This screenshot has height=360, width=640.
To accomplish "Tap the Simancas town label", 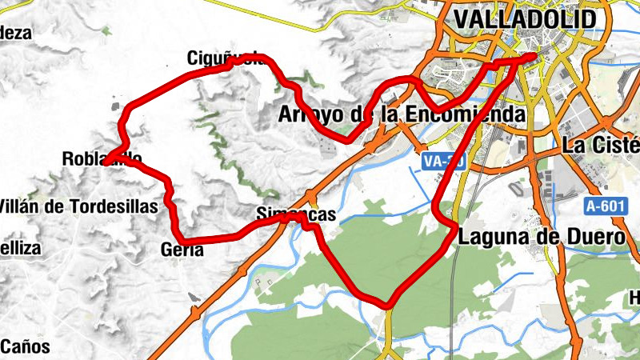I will click(x=295, y=214).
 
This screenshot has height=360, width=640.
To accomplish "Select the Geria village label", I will click(x=182, y=250).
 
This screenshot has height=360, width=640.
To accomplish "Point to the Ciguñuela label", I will click(x=223, y=58).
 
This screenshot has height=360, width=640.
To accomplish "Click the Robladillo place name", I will click(x=102, y=159).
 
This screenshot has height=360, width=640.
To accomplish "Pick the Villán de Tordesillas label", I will click(x=79, y=206).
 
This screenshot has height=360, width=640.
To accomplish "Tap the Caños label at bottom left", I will click(x=25, y=347).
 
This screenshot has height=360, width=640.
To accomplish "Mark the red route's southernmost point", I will click(x=388, y=305).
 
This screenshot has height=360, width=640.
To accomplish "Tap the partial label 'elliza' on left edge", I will click(x=20, y=248).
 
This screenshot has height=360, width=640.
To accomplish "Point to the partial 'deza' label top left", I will click(x=15, y=33).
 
